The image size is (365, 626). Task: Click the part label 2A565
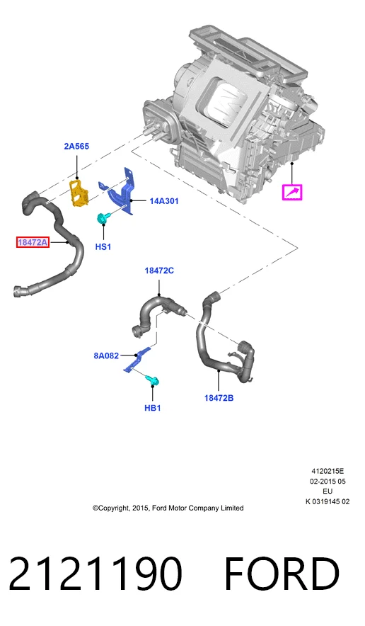76,147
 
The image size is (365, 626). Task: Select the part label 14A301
164,201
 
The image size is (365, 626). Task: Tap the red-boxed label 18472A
33,242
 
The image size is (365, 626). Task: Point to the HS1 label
103,246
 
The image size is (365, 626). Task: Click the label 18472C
159,271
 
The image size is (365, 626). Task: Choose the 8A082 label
106,355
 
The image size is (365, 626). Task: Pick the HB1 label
152,408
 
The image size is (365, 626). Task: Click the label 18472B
219,398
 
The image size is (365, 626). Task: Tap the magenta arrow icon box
292,193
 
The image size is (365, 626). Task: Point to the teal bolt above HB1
153,381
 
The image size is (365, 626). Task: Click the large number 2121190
95,574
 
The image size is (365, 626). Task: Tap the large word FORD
282,574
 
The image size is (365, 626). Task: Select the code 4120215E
328,472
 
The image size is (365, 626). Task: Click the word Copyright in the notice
114,508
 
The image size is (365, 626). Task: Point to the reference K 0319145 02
328,502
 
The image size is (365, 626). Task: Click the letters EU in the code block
328,491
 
